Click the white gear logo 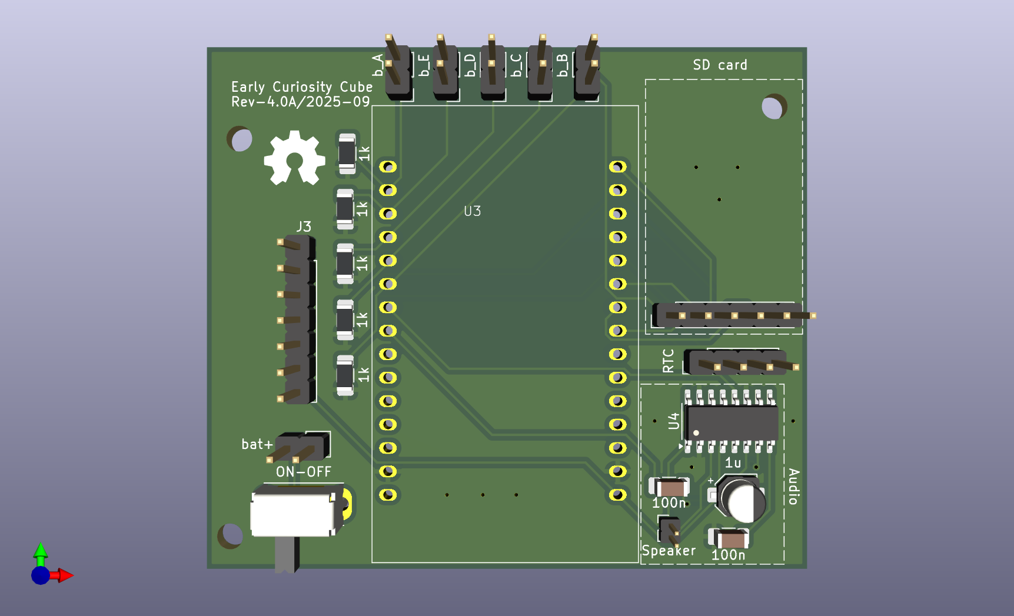point(294,158)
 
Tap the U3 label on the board point(472,211)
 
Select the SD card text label point(720,65)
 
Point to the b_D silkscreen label point(470,65)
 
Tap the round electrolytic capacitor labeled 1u point(743,500)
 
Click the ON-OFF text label point(303,472)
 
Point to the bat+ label point(257,444)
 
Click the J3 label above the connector point(304,227)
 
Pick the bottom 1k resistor point(345,375)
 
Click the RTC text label point(668,361)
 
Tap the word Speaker point(668,551)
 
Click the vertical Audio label point(793,487)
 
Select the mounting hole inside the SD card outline point(773,107)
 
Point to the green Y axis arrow point(40,552)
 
